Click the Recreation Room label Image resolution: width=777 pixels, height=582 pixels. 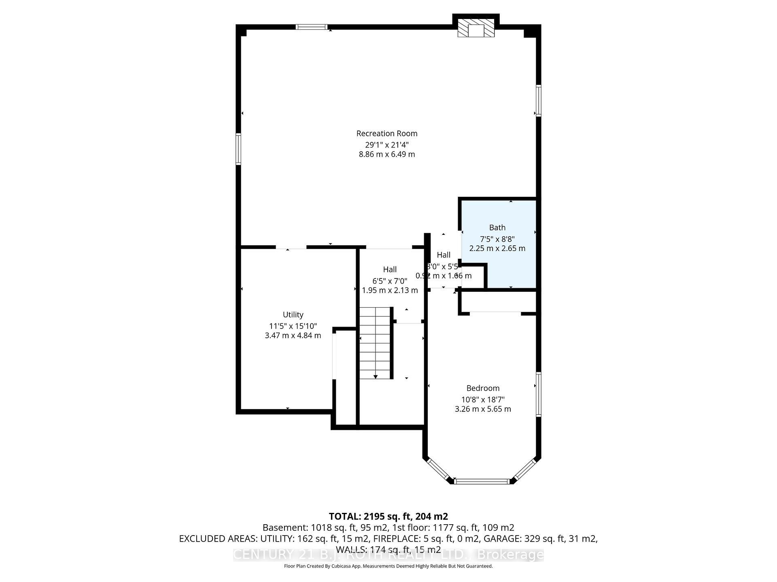(386, 133)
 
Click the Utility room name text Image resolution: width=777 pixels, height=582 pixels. (293, 314)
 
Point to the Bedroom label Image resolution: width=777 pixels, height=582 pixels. (483, 388)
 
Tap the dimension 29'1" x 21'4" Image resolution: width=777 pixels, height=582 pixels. (386, 144)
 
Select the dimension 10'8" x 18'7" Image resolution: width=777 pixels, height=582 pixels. (483, 399)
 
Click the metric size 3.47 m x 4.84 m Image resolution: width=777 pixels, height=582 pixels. (293, 335)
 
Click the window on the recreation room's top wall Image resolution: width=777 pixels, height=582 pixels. (311, 27)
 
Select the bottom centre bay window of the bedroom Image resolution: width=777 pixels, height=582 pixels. (482, 481)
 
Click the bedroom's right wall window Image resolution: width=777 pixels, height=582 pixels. (538, 394)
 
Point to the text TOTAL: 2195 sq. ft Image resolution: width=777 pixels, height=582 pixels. (388, 516)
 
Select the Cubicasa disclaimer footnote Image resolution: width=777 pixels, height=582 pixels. (388, 566)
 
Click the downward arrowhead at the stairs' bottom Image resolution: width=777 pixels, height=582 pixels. (376, 377)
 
